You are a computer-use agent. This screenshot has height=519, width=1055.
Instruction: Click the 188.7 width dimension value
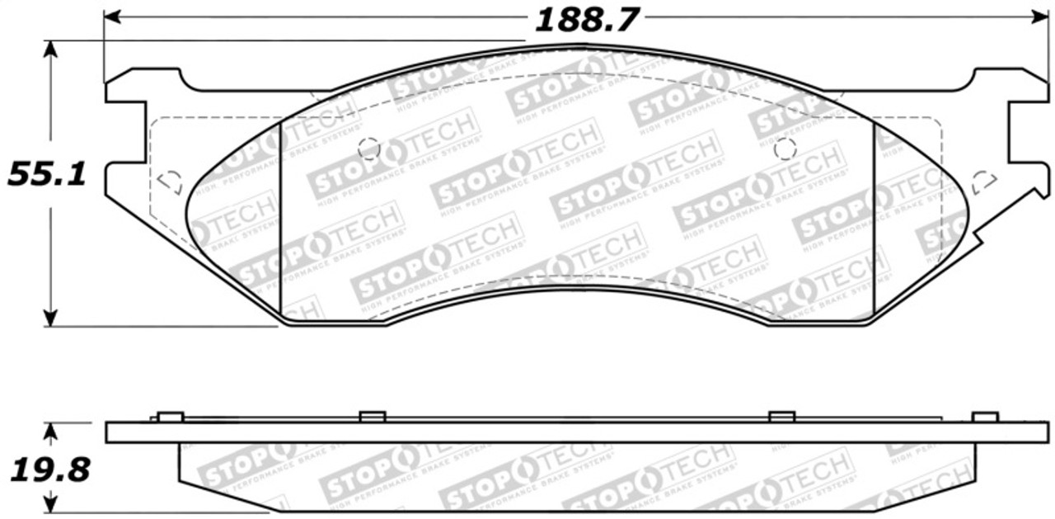[586, 19]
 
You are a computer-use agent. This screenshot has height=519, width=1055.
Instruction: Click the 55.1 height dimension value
[48, 174]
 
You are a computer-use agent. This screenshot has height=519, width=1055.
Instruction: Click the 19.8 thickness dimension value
[49, 471]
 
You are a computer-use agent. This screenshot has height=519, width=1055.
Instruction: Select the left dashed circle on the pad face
[369, 148]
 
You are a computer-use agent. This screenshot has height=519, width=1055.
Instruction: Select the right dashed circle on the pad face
[785, 149]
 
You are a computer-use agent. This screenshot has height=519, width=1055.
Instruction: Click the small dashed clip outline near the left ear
[169, 182]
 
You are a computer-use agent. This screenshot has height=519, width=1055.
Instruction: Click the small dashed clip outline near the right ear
[983, 182]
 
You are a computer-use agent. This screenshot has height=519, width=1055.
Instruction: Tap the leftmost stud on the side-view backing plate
[169, 417]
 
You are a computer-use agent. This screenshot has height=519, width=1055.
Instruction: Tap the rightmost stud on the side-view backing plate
[985, 417]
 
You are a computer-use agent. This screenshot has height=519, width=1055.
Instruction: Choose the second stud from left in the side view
[373, 417]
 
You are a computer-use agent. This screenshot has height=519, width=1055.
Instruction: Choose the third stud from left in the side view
[781, 417]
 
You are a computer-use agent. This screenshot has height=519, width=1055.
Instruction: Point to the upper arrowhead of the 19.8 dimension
[51, 432]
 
